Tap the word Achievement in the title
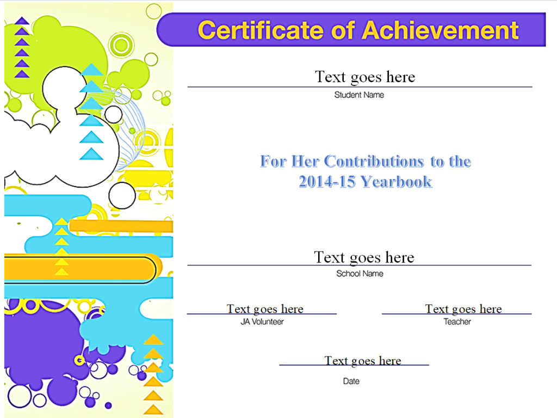pos(440,30)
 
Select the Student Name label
pos(359,95)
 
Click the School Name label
pos(360,273)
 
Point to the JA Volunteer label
pos(262,322)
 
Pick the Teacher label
pos(457,322)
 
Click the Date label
pos(351,381)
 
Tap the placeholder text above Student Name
pos(365,77)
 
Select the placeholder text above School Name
pos(364,257)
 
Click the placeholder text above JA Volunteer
pos(265,309)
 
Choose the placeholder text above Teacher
pos(463,309)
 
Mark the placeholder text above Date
pos(363,361)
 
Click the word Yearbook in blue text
pos(397,182)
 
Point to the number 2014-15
pos(327,182)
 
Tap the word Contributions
pos(374,161)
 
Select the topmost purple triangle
pos(22,21)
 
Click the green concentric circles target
pos(121,45)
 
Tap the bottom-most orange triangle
pos(153,409)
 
